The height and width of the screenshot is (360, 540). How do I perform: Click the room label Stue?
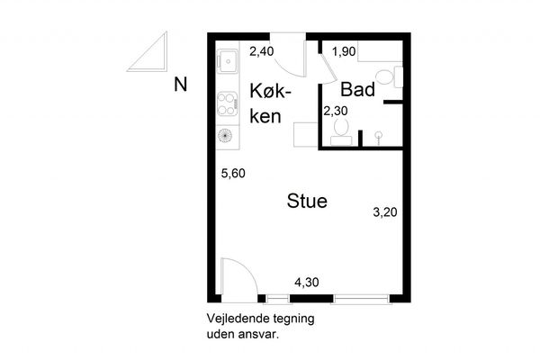[307, 202]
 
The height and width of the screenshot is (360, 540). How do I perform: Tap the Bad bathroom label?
[357, 90]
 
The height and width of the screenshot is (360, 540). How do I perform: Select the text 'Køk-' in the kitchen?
[270, 91]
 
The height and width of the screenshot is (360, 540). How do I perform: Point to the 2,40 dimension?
[261, 51]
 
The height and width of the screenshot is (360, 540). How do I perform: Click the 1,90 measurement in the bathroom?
[344, 51]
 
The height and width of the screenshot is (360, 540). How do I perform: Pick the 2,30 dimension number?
[335, 111]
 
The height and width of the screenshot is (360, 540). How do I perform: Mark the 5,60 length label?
[233, 174]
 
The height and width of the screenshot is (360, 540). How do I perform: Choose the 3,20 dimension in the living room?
[385, 212]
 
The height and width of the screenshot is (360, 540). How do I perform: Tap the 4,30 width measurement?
[307, 283]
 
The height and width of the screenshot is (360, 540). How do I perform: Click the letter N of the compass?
[181, 85]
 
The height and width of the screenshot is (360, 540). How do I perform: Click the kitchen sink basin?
[228, 60]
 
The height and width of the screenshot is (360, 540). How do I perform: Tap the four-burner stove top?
[228, 103]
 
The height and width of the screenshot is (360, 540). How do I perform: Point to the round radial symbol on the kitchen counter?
[224, 135]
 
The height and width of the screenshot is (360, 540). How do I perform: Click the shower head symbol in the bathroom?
[378, 135]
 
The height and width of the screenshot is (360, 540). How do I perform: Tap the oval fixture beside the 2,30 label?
[341, 127]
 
